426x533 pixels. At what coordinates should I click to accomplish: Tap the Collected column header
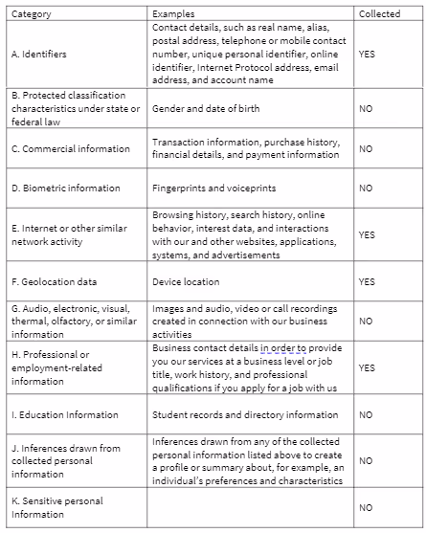click(x=380, y=14)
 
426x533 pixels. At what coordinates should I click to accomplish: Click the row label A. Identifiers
click(x=39, y=55)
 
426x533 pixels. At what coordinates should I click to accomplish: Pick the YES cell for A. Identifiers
click(x=367, y=55)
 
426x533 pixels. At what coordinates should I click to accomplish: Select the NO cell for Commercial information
click(x=366, y=148)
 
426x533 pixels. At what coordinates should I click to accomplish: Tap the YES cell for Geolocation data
click(x=367, y=282)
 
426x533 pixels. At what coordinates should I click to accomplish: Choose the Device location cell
click(x=186, y=282)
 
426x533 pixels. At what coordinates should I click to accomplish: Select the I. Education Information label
click(x=65, y=415)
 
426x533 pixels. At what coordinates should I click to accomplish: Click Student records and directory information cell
click(x=245, y=415)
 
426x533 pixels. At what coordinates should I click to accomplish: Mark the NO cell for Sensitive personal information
click(x=366, y=507)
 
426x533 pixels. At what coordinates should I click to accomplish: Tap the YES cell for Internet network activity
click(x=367, y=234)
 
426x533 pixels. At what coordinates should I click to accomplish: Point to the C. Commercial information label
click(x=71, y=148)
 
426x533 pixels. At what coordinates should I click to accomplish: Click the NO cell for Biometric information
click(x=366, y=188)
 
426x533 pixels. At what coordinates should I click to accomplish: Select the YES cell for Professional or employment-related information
click(x=367, y=366)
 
